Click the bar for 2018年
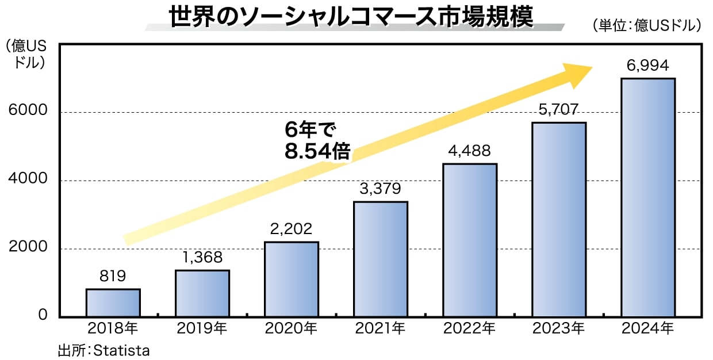[113, 303]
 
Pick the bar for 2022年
[470, 240]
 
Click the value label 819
[113, 277]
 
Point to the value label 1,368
[202, 258]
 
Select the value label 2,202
[291, 229]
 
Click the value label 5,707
[558, 110]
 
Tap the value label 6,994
[648, 66]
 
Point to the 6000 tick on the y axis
[24, 112]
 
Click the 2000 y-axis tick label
[24, 248]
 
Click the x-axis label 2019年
[202, 329]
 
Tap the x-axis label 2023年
[558, 329]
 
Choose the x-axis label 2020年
[291, 329]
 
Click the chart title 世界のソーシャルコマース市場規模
[351, 17]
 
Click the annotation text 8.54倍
[317, 151]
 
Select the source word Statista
[121, 350]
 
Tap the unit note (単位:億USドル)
[646, 25]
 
